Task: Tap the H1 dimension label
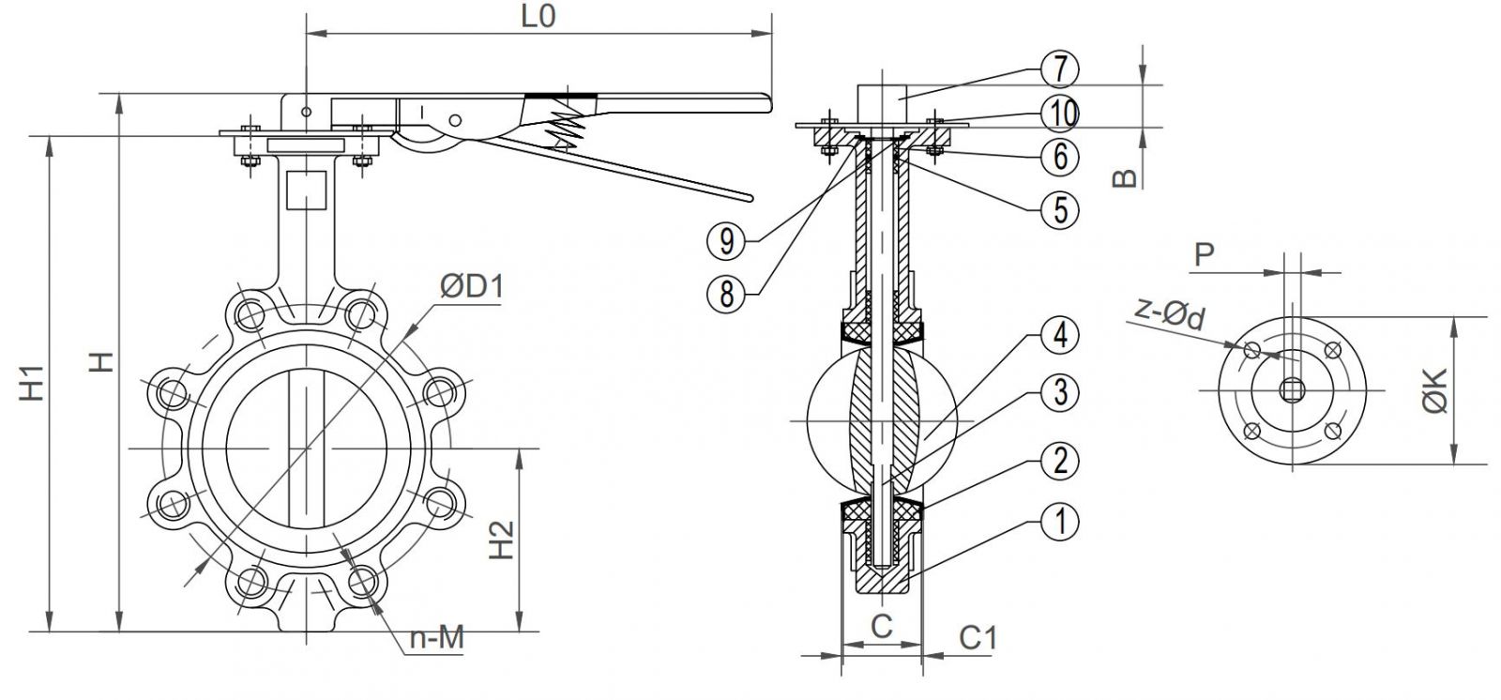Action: [34, 385]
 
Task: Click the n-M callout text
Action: [437, 638]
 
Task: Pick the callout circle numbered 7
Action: [1060, 68]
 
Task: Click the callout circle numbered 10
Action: [1060, 113]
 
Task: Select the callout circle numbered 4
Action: [1060, 336]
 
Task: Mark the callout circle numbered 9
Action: [726, 242]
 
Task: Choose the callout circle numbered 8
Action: [726, 295]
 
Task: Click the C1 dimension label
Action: [978, 638]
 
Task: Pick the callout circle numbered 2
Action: [1060, 461]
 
